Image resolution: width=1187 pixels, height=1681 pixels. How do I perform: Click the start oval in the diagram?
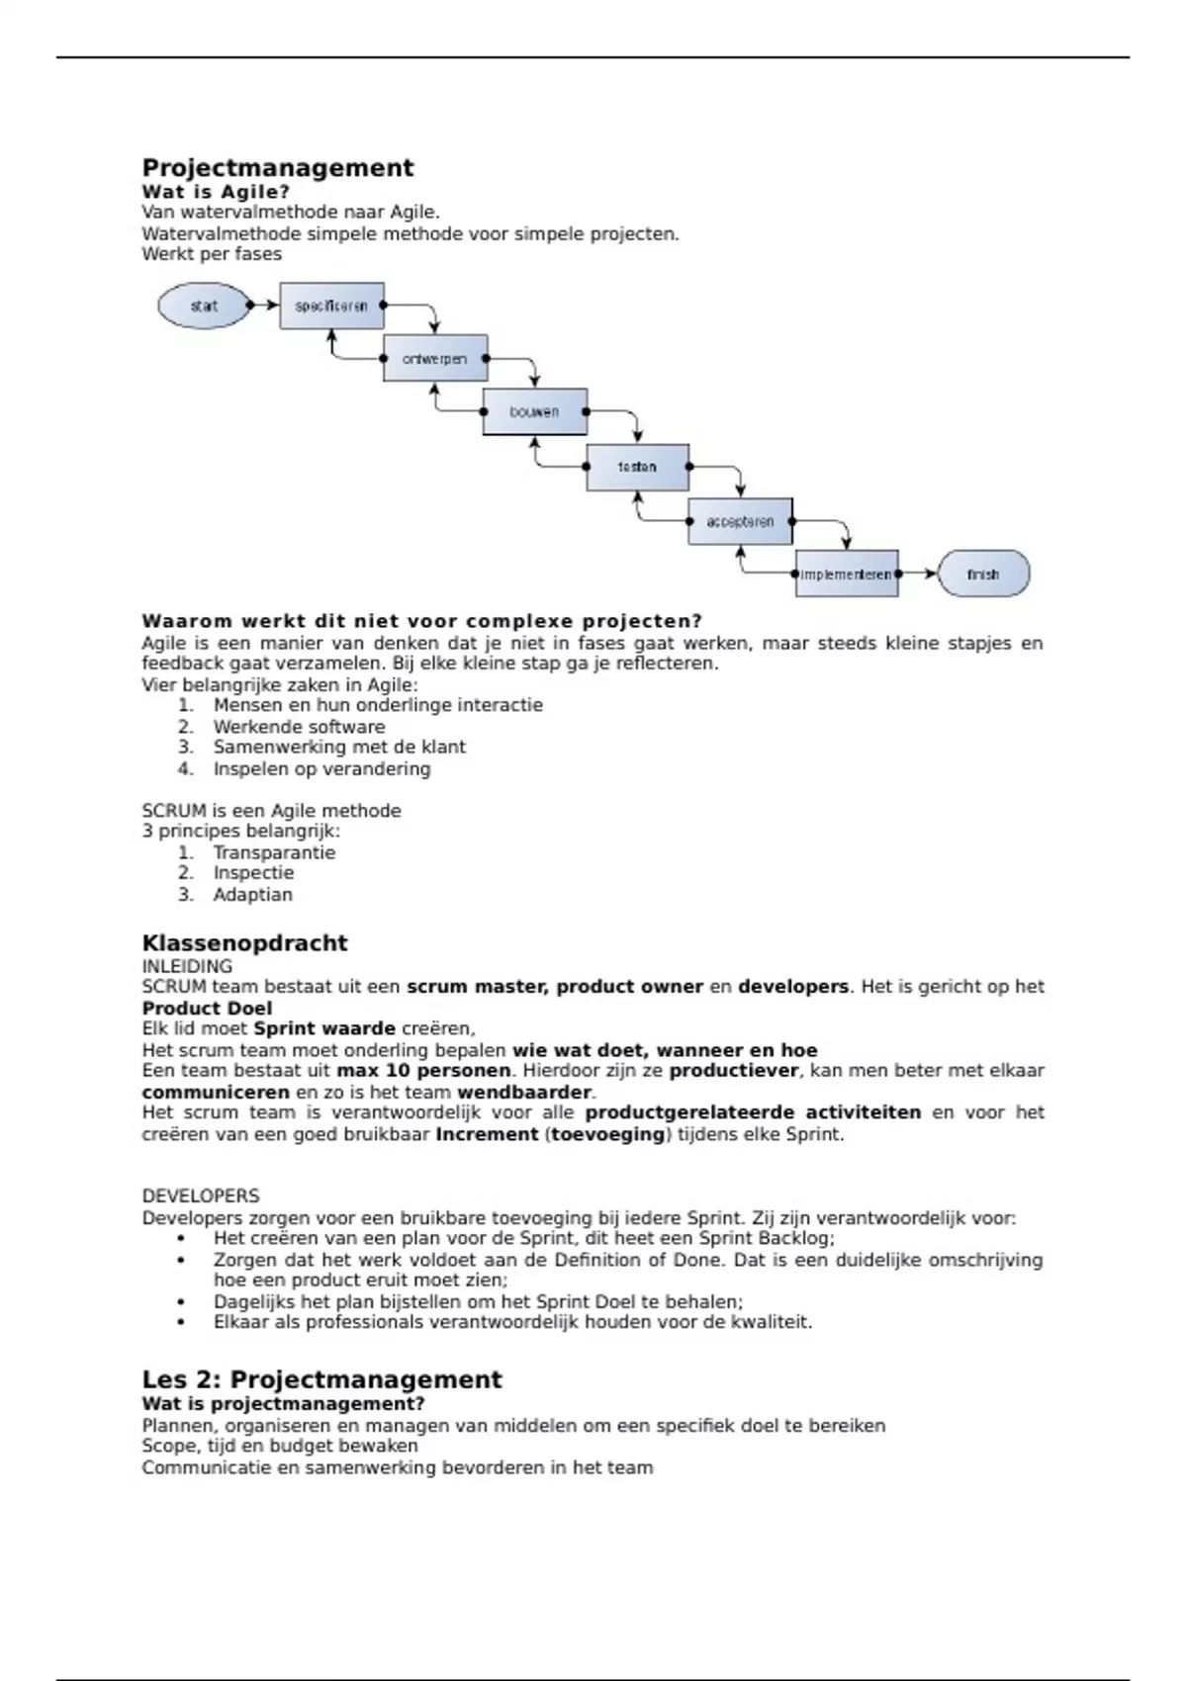pos(203,306)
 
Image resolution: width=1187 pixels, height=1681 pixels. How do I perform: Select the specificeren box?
pos(331,306)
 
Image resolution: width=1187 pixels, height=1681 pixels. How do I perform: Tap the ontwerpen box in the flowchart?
pos(435,358)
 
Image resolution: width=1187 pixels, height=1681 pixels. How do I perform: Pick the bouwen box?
pos(534,411)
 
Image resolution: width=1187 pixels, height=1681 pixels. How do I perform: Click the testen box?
pos(637,467)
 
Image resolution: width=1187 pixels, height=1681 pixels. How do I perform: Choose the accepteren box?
pos(740,521)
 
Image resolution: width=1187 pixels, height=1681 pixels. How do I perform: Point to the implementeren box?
pos(847,574)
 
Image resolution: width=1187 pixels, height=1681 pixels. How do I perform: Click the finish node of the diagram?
pos(982,574)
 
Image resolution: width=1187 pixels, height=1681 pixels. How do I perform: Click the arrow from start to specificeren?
pos(264,306)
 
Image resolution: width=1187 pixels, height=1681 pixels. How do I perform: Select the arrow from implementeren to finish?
pos(918,574)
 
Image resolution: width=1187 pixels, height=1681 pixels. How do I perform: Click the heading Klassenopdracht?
pos(244,942)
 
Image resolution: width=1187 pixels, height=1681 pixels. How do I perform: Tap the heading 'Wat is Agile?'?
pos(216,192)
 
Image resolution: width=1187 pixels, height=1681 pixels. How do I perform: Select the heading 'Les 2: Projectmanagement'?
pos(321,1379)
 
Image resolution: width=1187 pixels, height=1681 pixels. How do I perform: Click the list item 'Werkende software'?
pos(299,727)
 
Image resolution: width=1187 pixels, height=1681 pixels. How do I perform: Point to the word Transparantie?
pos(274,852)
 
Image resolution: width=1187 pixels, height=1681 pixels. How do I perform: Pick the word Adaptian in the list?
pos(252,895)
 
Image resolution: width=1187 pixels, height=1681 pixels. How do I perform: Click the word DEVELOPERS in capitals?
pos(201,1195)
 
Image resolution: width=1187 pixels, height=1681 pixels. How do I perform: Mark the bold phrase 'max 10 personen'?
pos(423,1071)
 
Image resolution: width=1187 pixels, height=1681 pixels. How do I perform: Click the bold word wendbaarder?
pos(524,1093)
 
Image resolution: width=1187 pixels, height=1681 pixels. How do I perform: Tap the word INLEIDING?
pos(187,966)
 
